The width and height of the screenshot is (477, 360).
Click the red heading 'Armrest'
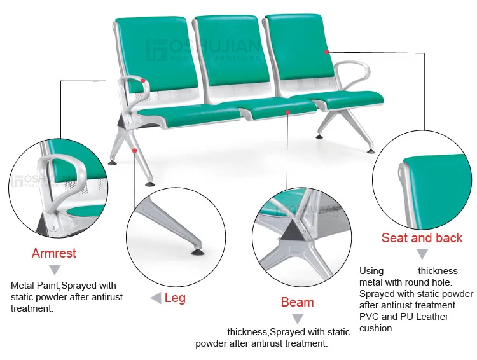54,253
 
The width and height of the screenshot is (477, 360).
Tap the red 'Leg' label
175,298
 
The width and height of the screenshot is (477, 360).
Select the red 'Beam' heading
297,302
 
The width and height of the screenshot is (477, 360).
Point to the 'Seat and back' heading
422,238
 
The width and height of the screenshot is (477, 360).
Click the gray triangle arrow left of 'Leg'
155,298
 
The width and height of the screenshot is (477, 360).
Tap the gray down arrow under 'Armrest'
55,270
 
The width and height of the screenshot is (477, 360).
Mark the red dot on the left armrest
144,81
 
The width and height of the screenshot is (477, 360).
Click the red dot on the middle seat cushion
288,112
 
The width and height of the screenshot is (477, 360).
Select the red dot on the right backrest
326,52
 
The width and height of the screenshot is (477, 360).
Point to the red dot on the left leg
134,150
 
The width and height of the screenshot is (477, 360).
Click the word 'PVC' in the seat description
369,317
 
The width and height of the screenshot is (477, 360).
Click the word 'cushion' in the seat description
375,328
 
